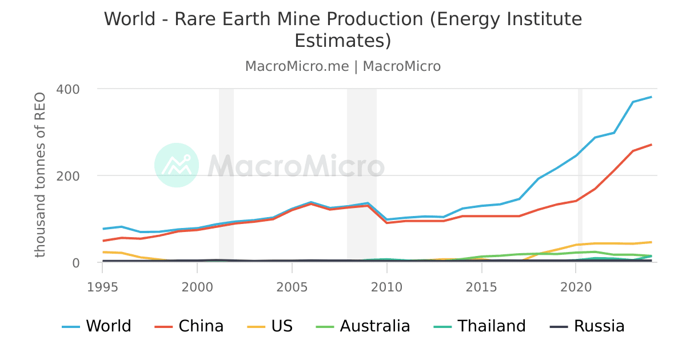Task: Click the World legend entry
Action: [x=97, y=326]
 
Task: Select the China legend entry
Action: [x=189, y=326]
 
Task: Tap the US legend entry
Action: [x=270, y=326]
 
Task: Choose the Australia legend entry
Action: [x=363, y=326]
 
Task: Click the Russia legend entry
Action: [x=587, y=326]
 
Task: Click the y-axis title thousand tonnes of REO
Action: [x=40, y=174]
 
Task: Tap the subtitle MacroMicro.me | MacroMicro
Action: [x=343, y=66]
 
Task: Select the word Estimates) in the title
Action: [x=343, y=41]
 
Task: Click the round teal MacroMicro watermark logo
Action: [x=177, y=165]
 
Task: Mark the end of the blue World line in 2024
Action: [x=651, y=97]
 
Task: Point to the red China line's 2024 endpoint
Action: [x=651, y=145]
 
